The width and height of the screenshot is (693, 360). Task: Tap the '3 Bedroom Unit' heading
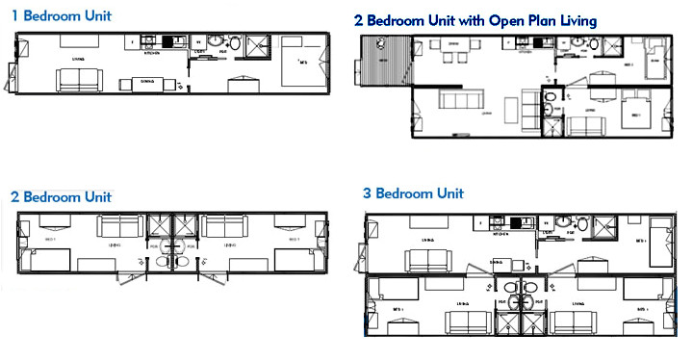(422, 193)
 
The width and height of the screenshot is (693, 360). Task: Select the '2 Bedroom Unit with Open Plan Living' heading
(475, 19)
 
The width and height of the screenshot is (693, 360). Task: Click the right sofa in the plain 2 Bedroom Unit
(224, 227)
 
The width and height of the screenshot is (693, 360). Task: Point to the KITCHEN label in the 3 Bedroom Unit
(500, 233)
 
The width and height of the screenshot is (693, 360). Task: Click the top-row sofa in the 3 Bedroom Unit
(427, 262)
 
